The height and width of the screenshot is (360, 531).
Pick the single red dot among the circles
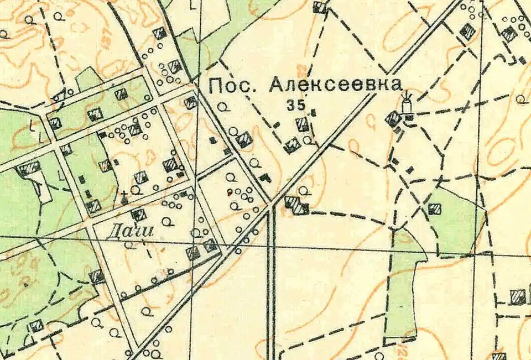point(230,193)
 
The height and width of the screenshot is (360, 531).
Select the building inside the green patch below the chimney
point(435,208)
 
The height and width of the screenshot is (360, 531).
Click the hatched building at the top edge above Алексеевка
point(319,7)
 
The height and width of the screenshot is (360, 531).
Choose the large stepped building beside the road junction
point(297,205)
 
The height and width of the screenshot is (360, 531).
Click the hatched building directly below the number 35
point(302,124)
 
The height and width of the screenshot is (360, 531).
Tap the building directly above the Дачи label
point(138,215)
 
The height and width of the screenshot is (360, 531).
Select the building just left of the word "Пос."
point(191,102)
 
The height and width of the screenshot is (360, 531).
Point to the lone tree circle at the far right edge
point(520,100)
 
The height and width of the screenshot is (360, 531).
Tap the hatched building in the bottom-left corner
point(36,325)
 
